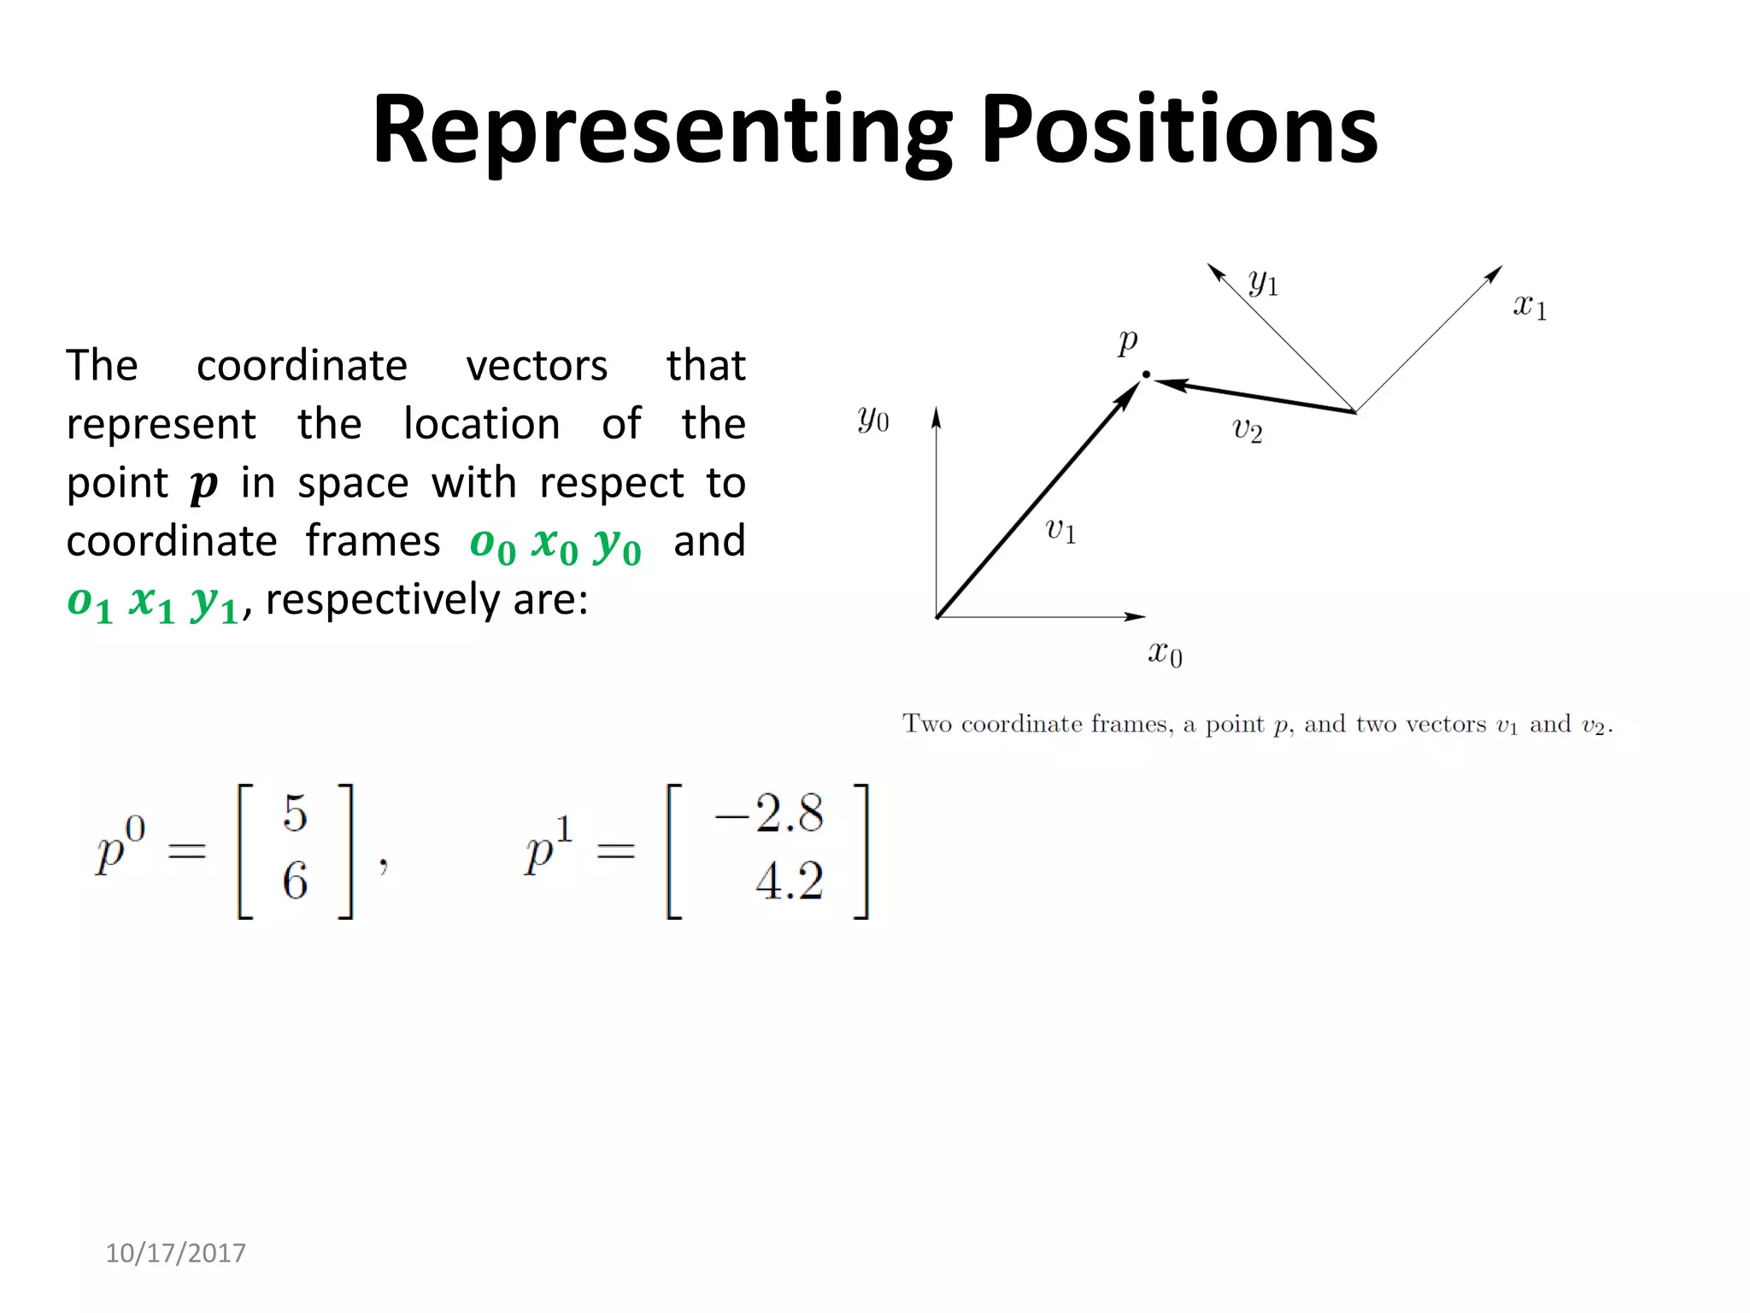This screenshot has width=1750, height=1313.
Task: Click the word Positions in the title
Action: pos(1179,130)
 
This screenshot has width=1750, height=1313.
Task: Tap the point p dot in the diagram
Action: pos(1146,374)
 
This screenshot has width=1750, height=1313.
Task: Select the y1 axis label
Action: pos(1263,281)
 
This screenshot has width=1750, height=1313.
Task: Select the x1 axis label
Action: pos(1530,306)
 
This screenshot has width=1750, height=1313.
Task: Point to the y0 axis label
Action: pos(872,419)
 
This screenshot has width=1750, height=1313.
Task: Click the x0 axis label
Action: pos(1165,654)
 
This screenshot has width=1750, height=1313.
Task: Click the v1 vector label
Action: pos(1060,530)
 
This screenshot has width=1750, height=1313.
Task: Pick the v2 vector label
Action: pos(1247,430)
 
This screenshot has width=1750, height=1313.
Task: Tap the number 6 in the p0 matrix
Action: pos(295,880)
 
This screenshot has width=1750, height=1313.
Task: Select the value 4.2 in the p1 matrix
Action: pos(789,881)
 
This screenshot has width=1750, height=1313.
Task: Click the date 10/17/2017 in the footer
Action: pos(175,1253)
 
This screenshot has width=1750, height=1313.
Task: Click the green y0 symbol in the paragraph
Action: pos(618,545)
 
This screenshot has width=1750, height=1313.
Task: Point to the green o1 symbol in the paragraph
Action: pos(90,604)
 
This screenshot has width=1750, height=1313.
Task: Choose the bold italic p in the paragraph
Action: pos(203,486)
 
